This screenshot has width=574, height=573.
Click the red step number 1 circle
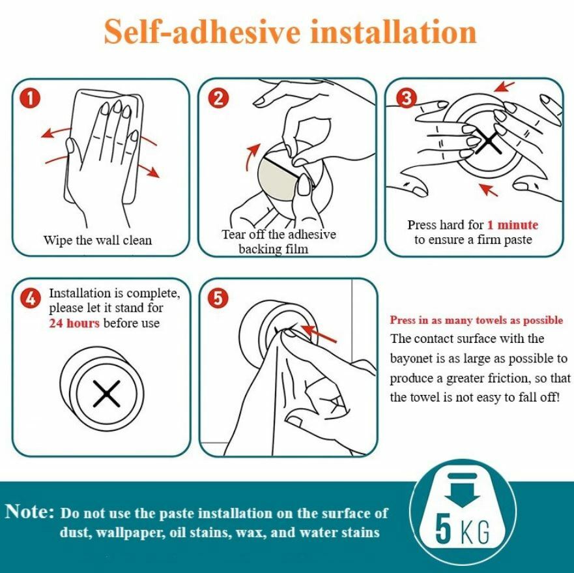pyautogui.click(x=31, y=99)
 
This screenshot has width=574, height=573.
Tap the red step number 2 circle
pyautogui.click(x=218, y=98)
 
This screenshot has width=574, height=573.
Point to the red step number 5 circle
pyautogui.click(x=218, y=298)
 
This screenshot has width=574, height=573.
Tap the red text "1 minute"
pyautogui.click(x=513, y=225)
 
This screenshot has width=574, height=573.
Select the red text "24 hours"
pyautogui.click(x=74, y=323)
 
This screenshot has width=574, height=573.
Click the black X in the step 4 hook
pyautogui.click(x=107, y=394)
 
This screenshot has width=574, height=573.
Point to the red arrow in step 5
pyautogui.click(x=318, y=332)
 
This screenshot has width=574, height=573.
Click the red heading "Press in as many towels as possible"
pyautogui.click(x=476, y=320)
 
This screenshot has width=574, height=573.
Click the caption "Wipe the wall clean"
pyautogui.click(x=97, y=240)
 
